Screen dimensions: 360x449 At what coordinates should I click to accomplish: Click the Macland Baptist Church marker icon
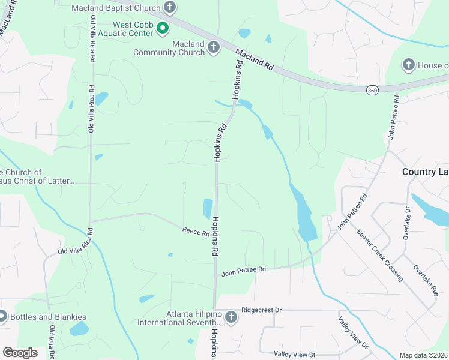170,8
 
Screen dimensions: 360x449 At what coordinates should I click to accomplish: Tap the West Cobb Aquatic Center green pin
162,28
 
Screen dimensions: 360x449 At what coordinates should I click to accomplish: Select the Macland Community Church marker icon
214,47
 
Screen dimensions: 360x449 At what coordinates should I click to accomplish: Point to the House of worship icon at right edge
408,65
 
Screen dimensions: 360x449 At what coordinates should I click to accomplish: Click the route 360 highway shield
372,89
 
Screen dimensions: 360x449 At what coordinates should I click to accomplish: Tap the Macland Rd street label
255,60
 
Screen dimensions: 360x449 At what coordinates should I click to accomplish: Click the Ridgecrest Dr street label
261,310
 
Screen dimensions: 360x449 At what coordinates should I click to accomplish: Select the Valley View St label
294,355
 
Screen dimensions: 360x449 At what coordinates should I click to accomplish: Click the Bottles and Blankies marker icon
2,316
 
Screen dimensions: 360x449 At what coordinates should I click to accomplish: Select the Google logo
20,352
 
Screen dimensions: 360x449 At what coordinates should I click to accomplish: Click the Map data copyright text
423,355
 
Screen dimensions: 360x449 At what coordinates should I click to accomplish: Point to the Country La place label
425,172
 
